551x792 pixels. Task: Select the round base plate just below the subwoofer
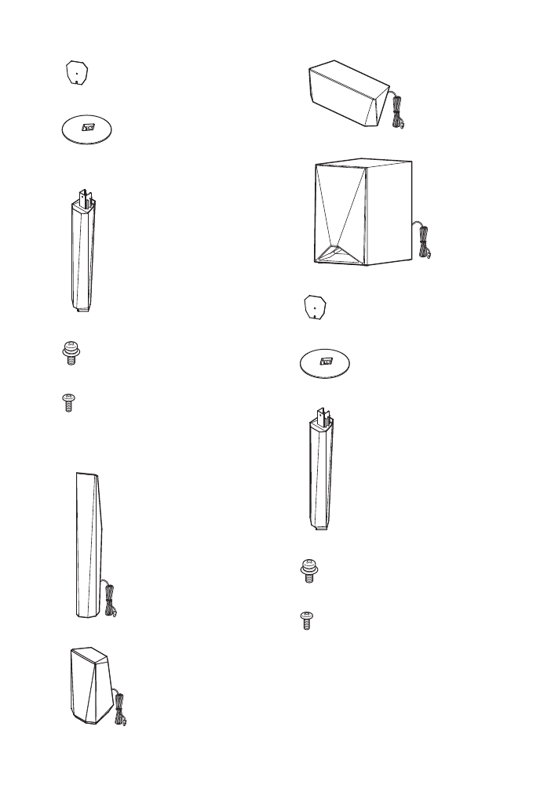[324, 364]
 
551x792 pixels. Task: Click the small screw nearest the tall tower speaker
[68, 403]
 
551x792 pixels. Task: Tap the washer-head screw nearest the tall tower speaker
[70, 354]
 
